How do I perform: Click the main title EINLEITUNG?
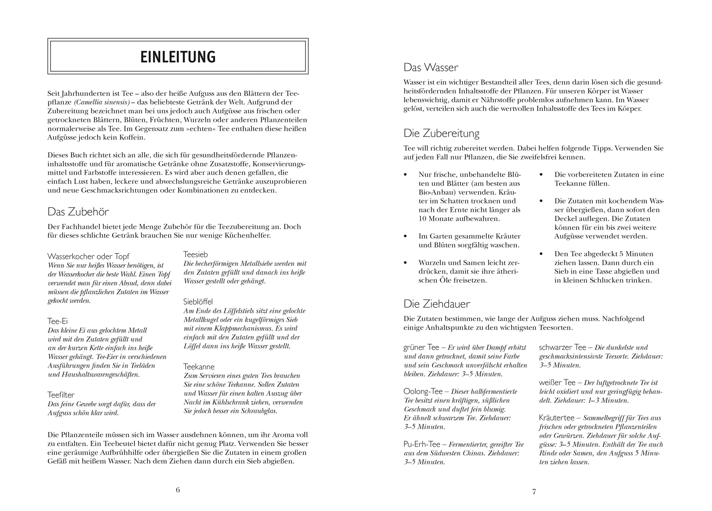[x=178, y=57]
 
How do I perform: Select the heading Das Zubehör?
[x=78, y=211]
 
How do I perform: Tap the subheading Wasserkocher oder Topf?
[x=88, y=256]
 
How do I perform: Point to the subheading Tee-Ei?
[x=57, y=321]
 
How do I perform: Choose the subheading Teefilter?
[x=61, y=395]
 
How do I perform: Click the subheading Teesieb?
[x=195, y=254]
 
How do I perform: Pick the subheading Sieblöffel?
[x=198, y=302]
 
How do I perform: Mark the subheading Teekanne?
[x=199, y=366]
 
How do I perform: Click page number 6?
[x=178, y=490]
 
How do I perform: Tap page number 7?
[x=534, y=492]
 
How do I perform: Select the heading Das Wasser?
[x=431, y=67]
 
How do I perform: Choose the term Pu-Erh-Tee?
[x=422, y=444]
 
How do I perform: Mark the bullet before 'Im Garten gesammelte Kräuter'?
[x=406, y=236]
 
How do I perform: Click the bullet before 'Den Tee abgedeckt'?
[x=541, y=254]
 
